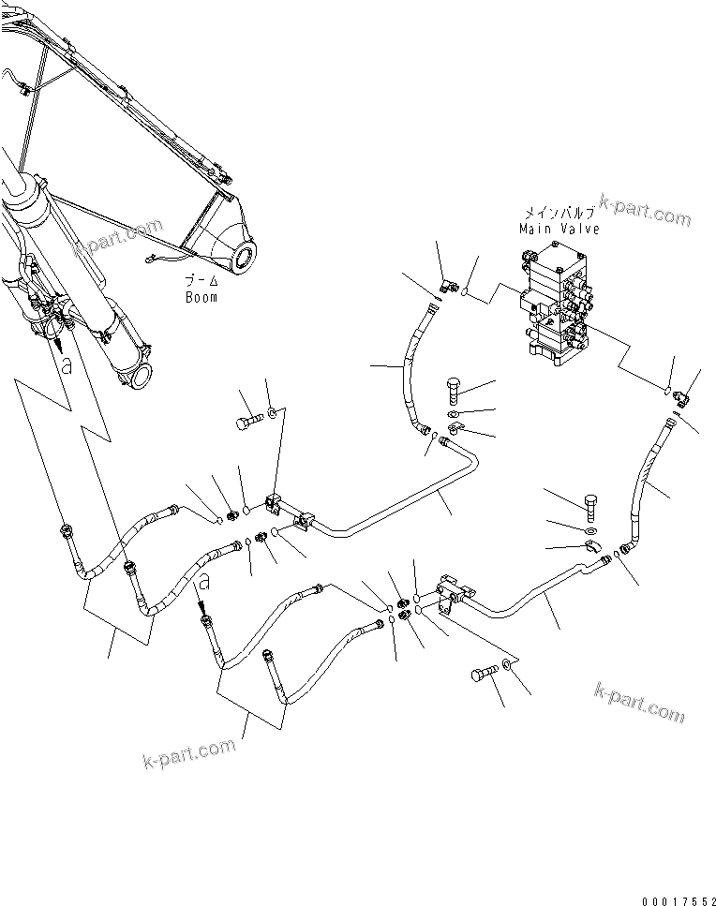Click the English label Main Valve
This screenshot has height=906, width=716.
click(559, 228)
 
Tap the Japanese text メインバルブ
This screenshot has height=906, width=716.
click(559, 214)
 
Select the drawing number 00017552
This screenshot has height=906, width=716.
click(674, 897)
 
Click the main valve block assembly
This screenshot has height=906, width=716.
click(557, 299)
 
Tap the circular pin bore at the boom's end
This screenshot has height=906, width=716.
click(246, 254)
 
